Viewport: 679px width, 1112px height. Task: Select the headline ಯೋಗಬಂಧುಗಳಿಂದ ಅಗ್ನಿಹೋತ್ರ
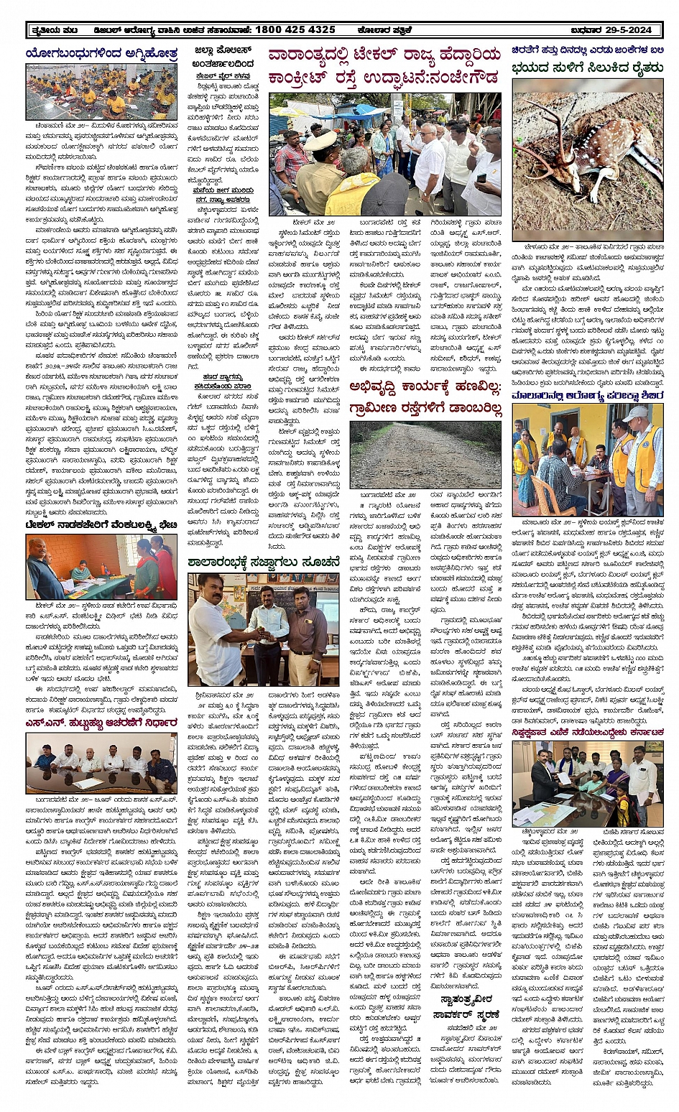101,53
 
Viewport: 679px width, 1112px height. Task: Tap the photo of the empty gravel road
425,455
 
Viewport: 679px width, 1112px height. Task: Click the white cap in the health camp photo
635,413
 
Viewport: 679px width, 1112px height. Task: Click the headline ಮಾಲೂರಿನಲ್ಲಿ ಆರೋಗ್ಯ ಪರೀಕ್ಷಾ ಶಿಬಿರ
586,395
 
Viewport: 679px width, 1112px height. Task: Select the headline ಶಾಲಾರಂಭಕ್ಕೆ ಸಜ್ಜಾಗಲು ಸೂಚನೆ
263,562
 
